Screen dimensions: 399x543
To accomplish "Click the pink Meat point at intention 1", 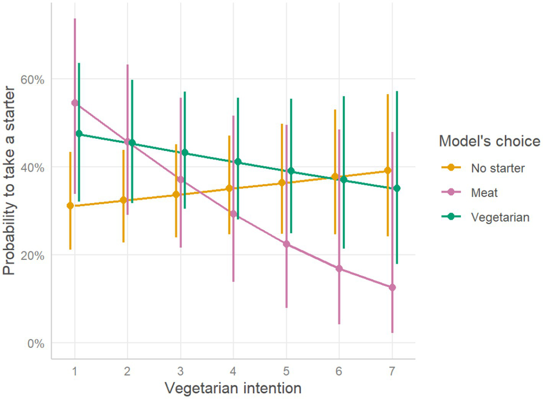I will (x=75, y=103).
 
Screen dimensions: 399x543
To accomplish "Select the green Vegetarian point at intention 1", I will (x=79, y=133).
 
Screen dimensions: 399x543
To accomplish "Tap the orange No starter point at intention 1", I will (x=70, y=206).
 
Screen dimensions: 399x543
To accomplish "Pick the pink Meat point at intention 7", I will (x=392, y=287).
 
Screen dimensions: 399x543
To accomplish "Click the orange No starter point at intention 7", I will (x=388, y=171).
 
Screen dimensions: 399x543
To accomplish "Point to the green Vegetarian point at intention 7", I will (x=397, y=188).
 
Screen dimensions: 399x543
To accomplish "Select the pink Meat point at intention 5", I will (x=286, y=244).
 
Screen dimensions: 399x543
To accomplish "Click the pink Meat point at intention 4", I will (x=234, y=214).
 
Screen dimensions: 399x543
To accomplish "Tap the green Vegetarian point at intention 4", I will (x=238, y=162).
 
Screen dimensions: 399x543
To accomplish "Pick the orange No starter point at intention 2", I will (x=123, y=200).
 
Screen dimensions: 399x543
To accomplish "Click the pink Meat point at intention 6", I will (x=339, y=269).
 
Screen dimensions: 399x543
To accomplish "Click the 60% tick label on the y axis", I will (x=33, y=80).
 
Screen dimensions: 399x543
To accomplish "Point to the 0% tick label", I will (x=36, y=343).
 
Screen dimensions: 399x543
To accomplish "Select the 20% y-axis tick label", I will (x=33, y=256).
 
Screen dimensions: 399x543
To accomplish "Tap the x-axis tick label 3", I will (x=180, y=371).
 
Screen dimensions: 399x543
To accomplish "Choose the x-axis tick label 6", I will (x=339, y=371).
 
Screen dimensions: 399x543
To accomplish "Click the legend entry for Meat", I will (x=484, y=192).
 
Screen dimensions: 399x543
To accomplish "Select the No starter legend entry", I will (x=497, y=168).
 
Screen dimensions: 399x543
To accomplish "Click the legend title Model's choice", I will (x=489, y=141).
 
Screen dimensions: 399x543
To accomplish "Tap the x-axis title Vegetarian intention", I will (x=233, y=388).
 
